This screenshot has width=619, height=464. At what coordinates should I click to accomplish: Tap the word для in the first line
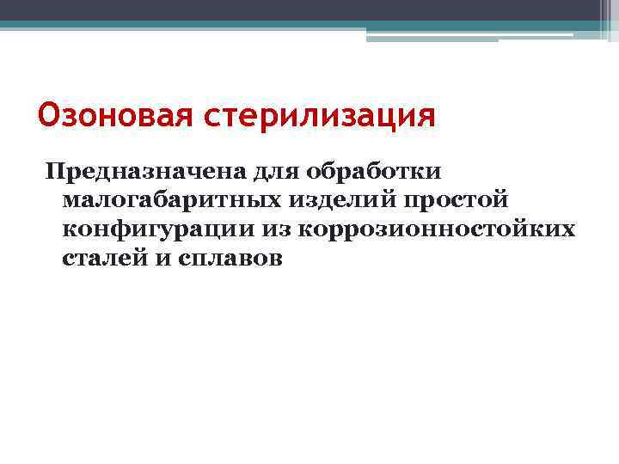pos(276,170)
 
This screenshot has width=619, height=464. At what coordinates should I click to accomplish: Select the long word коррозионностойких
pos(436,229)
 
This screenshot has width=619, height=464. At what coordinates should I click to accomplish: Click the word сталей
pos(101,259)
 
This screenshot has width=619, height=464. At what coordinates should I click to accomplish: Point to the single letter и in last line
pos(159,259)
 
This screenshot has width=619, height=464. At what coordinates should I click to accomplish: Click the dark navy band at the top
pos(292,9)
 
